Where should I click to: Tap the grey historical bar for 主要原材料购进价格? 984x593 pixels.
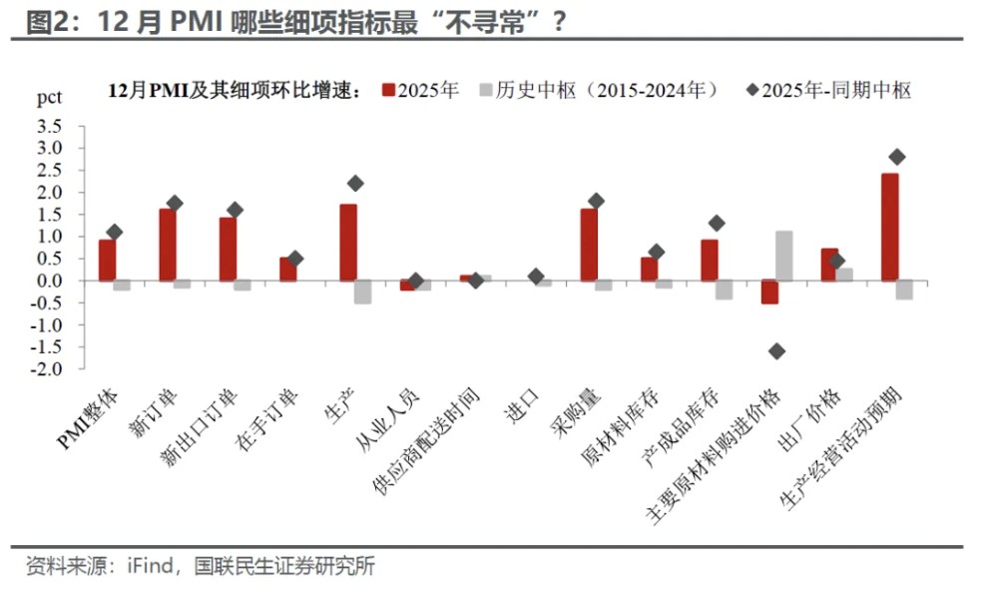tap(783, 256)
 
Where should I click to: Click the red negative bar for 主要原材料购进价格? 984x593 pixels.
tap(768, 292)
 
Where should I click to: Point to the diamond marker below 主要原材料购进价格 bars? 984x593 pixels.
tap(776, 350)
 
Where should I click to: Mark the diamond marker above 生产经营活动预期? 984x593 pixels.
tap(896, 157)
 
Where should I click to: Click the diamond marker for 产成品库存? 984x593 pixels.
tap(716, 223)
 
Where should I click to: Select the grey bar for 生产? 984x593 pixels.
tap(363, 292)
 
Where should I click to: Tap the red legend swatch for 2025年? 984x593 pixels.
tap(388, 91)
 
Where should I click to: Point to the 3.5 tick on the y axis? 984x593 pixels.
tap(49, 126)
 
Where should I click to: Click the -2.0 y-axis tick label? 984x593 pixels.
tap(47, 369)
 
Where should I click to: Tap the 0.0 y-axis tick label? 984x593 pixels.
tap(49, 281)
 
